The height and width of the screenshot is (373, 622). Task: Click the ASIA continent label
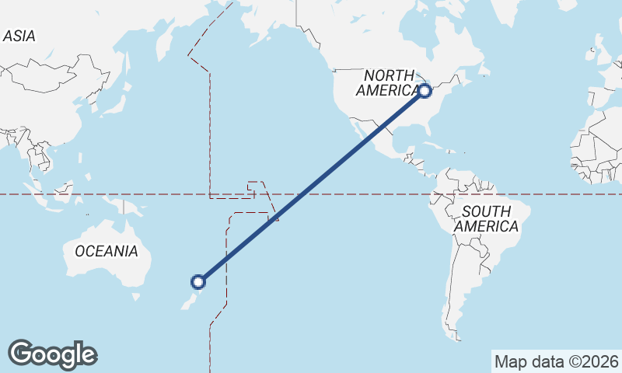pos(19,36)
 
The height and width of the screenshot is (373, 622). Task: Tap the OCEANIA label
pos(107,251)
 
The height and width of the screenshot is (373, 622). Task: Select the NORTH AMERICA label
pos(391,82)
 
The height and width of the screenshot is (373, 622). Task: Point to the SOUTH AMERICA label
pos(487,218)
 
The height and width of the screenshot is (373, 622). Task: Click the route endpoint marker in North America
pos(425,91)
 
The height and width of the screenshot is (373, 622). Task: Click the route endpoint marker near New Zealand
pos(199,281)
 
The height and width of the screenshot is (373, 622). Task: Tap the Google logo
pos(52,354)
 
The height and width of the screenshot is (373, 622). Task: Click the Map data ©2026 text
pos(557,361)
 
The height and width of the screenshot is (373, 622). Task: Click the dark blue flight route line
pos(311,186)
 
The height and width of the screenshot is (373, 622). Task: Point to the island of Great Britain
pos(599,54)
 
